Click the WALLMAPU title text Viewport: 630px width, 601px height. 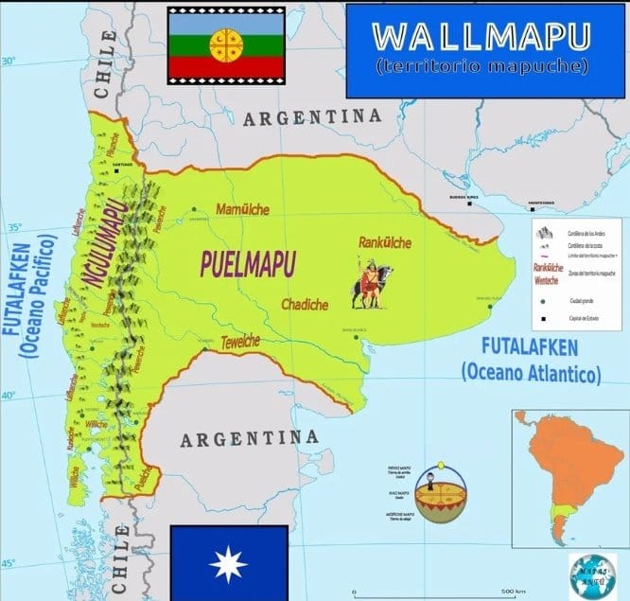coord(482,36)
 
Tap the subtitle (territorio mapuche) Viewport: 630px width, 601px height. coord(481,67)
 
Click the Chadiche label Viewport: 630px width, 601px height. coord(305,304)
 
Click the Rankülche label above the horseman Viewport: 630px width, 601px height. coord(385,243)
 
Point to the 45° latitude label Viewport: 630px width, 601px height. coord(9,564)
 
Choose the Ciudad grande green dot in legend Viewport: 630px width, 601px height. coord(544,302)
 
